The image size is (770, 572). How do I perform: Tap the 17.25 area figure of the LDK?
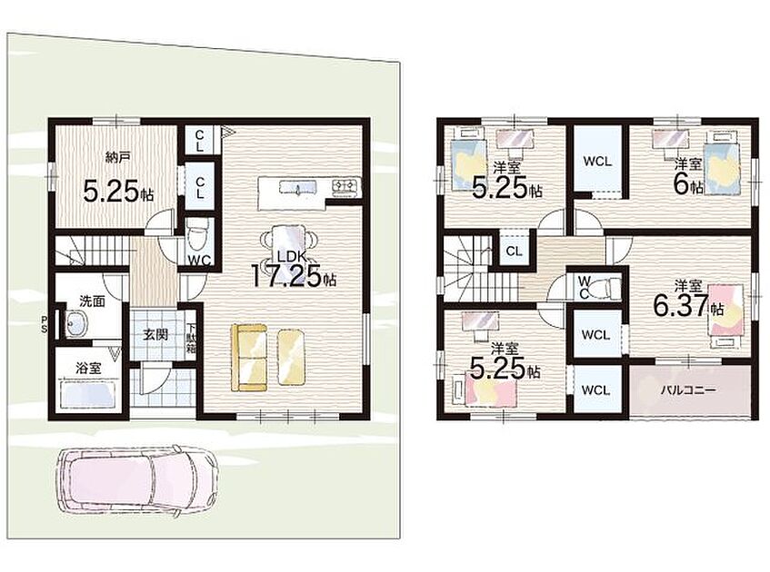tap(287, 275)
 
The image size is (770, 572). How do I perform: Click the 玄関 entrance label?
tap(155, 334)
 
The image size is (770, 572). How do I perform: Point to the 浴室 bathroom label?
tap(88, 368)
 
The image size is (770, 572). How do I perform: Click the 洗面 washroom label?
tap(93, 301)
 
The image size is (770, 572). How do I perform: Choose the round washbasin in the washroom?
tap(75, 323)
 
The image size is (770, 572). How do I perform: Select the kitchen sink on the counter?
tap(297, 187)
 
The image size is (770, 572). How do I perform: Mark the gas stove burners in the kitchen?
tap(346, 185)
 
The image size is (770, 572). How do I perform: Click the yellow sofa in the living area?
tap(249, 357)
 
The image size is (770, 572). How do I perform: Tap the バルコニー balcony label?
tap(688, 390)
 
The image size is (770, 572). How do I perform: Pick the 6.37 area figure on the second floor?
tap(681, 305)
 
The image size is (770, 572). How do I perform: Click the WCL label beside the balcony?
tap(595, 390)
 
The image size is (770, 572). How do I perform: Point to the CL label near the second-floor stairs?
tap(514, 251)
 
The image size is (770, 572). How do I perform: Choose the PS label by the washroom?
tap(45, 325)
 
